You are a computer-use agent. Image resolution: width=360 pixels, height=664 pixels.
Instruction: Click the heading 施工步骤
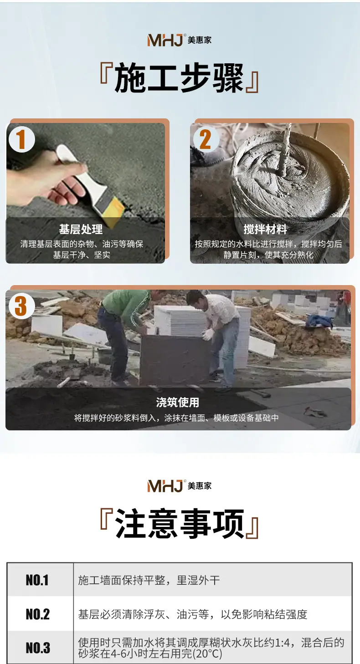pyautogui.click(x=179, y=78)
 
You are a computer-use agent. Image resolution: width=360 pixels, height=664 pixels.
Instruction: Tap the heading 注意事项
pyautogui.click(x=180, y=524)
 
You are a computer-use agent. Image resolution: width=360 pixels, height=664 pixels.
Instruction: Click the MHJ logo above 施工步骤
pyautogui.click(x=180, y=40)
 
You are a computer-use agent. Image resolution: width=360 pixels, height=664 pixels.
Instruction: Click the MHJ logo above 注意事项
pyautogui.click(x=180, y=486)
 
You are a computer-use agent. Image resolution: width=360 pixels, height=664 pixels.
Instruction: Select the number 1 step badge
pyautogui.click(x=22, y=139)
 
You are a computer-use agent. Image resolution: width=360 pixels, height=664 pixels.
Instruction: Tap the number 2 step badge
pyautogui.click(x=206, y=139)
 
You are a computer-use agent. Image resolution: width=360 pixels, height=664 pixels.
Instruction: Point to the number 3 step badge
pyautogui.click(x=22, y=306)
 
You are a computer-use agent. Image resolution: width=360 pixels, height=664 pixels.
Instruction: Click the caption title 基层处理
pyautogui.click(x=81, y=229)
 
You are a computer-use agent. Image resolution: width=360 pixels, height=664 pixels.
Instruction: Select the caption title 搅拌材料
pyautogui.click(x=265, y=229)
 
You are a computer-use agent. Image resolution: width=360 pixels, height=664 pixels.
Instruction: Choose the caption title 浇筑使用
pyautogui.click(x=177, y=402)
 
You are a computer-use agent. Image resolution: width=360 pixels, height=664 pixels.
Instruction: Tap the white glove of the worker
pyautogui.click(x=208, y=334)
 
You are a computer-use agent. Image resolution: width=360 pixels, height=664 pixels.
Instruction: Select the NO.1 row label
pyautogui.click(x=37, y=580)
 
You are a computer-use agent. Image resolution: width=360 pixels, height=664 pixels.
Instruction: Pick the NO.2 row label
pyautogui.click(x=38, y=614)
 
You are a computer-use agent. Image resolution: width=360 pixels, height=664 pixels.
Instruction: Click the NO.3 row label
pyautogui.click(x=38, y=648)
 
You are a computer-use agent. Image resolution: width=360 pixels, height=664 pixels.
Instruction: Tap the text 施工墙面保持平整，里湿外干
pyautogui.click(x=149, y=580)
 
